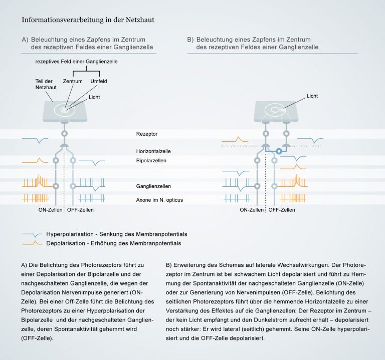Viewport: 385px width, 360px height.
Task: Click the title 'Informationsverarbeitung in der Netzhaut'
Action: (x=88, y=20)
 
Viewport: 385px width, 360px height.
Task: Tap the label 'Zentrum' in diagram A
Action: (x=73, y=81)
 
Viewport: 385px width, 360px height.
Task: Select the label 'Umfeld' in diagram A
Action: (x=99, y=81)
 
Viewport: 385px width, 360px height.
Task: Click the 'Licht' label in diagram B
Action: (x=312, y=96)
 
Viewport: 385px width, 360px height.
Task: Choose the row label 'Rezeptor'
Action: (x=146, y=134)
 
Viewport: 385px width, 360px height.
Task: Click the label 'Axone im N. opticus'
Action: (x=159, y=200)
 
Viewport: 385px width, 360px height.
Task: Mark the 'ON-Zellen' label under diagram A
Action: (x=51, y=210)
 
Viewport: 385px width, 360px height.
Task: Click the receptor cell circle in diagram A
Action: (x=64, y=134)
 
